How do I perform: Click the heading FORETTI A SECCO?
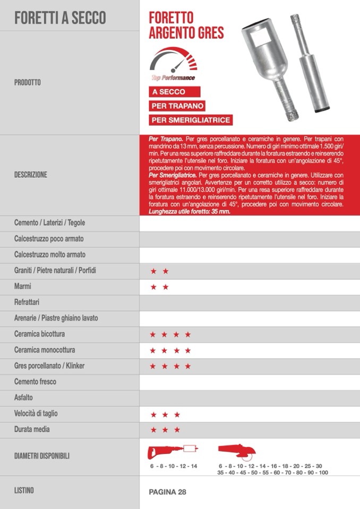pos(60,18)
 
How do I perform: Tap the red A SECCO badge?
pos(168,92)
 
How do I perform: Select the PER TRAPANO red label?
pos(177,106)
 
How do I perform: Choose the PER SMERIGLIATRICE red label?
pos(191,120)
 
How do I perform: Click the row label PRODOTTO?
pos(28,83)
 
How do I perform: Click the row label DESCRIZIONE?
pos(31,174)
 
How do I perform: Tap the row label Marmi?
pos(23,287)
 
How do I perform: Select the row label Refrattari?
pos(28,303)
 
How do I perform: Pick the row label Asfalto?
pos(24,398)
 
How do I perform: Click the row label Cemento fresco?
pos(35,382)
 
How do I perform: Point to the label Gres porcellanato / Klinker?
pos(49,366)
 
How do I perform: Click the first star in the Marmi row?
pos(153,287)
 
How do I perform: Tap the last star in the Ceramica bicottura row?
pos(188,335)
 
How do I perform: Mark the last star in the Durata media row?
pos(177,430)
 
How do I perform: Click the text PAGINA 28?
pos(167,492)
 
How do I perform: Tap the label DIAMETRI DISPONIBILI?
pos(42,455)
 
